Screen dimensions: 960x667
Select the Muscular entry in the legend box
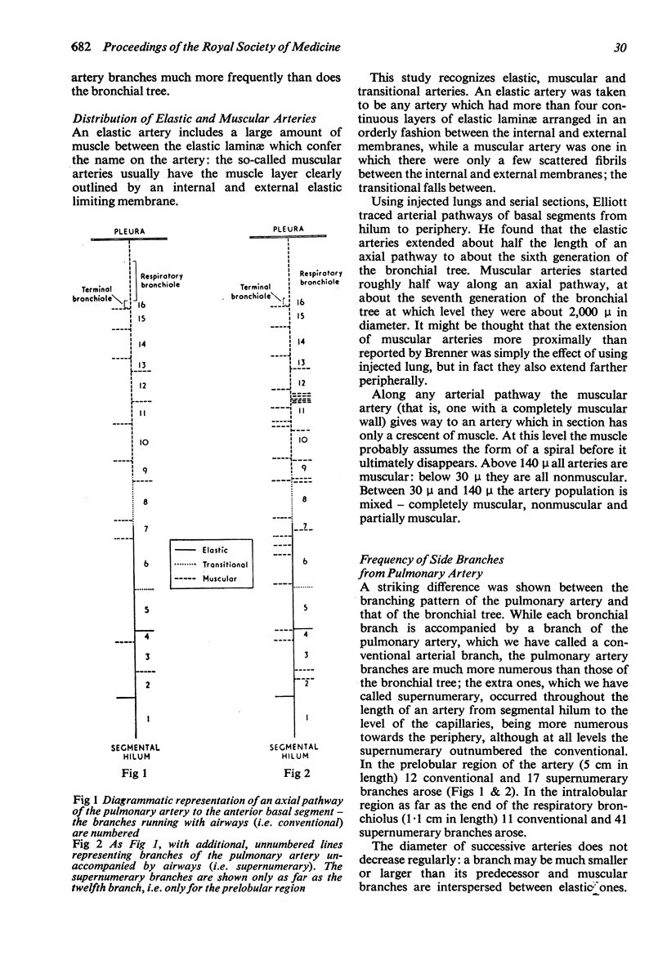[x=221, y=578]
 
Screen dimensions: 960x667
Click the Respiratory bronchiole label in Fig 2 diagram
[x=321, y=277]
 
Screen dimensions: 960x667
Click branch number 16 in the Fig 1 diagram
[x=143, y=304]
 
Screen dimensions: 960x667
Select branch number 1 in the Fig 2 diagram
[x=306, y=717]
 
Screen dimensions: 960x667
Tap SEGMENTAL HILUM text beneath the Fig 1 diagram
[x=135, y=751]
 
